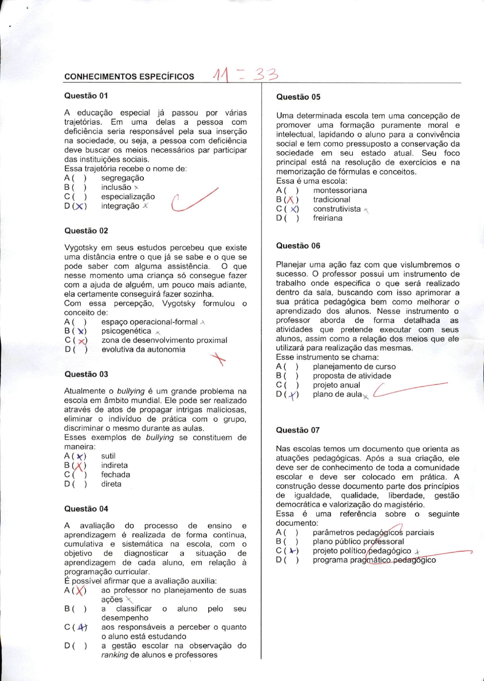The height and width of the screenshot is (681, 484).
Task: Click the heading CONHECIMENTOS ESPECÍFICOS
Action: (129, 77)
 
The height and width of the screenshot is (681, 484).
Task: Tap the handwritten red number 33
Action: (266, 74)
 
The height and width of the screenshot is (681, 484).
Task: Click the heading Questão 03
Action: (86, 374)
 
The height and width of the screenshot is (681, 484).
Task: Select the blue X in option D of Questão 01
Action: (80, 206)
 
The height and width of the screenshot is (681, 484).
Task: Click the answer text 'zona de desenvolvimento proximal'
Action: (164, 340)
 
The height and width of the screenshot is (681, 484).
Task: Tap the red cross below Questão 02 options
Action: (219, 359)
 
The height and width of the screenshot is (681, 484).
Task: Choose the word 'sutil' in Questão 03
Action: (108, 456)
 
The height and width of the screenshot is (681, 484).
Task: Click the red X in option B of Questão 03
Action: (79, 466)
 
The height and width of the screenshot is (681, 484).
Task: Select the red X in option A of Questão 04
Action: (80, 590)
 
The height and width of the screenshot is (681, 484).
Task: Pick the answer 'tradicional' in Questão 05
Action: (331, 199)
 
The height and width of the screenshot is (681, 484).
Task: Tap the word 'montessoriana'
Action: (340, 190)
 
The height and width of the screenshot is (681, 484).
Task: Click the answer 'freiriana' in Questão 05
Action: (328, 218)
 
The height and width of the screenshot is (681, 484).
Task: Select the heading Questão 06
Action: (298, 245)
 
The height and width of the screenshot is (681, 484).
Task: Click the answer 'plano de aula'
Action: (337, 394)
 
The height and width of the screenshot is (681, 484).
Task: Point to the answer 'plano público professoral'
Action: (358, 542)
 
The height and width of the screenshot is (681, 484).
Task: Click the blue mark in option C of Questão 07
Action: (292, 551)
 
